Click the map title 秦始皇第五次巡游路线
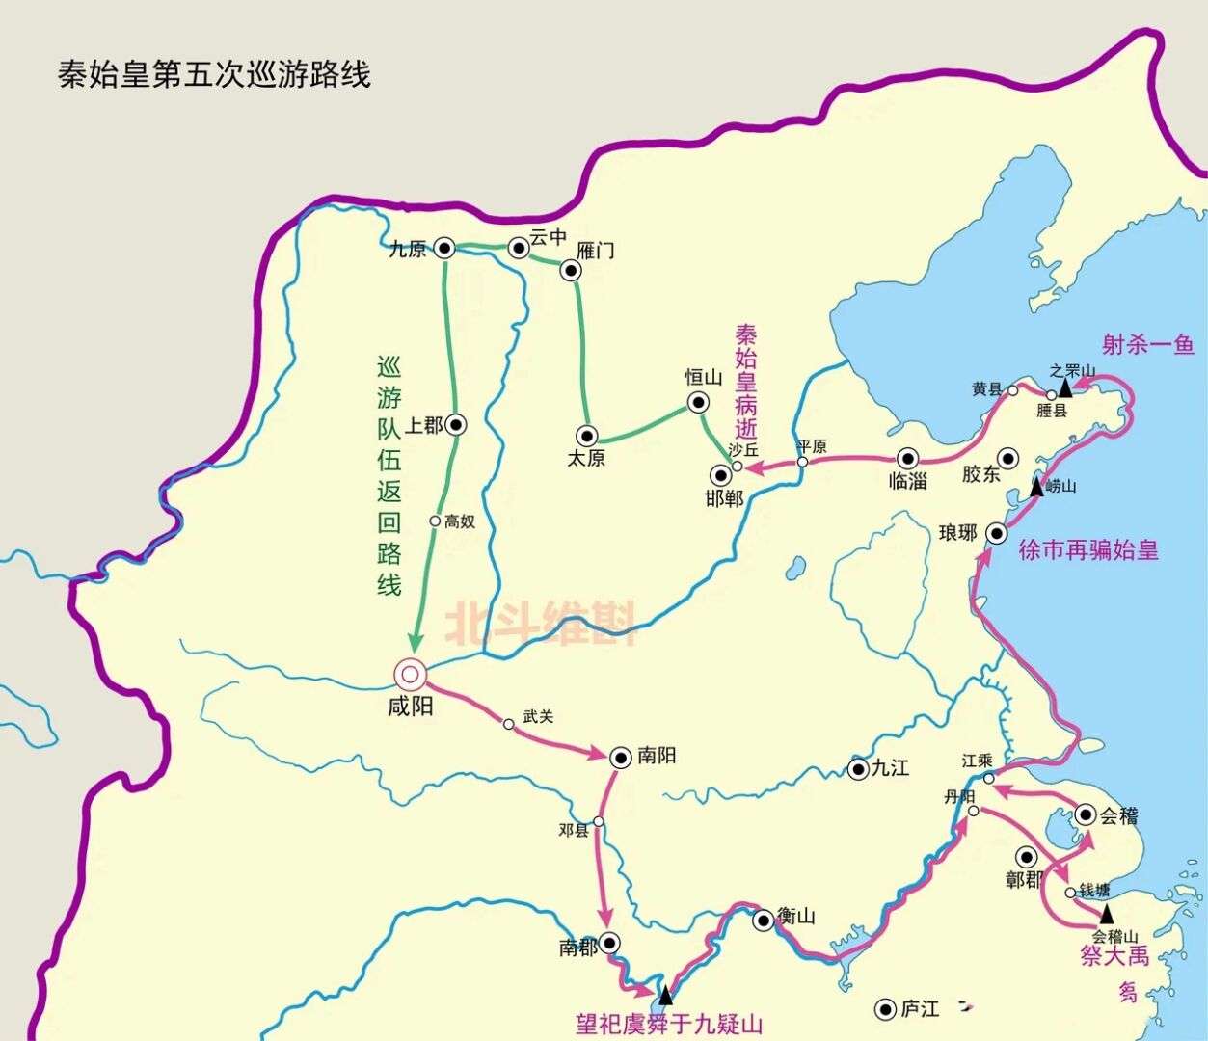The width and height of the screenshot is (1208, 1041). [x=215, y=75]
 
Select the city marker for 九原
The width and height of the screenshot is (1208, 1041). [x=444, y=248]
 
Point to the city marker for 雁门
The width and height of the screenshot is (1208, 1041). [x=571, y=271]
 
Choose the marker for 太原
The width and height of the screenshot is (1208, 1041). [x=585, y=436]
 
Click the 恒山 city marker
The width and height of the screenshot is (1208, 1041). [x=698, y=402]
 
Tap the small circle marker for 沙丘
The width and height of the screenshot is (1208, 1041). [x=737, y=467]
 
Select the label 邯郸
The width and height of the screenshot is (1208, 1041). [x=724, y=499]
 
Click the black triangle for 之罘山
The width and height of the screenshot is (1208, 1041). [x=1065, y=387]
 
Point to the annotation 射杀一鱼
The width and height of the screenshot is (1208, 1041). [x=1148, y=345]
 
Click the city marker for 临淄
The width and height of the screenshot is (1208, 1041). [x=907, y=458]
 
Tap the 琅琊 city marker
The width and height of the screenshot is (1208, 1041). [x=997, y=533]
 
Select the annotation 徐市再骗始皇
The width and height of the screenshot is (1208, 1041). [x=1088, y=550]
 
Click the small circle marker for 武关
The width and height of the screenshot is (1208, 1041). [x=509, y=724]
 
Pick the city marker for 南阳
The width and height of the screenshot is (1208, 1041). [x=620, y=757]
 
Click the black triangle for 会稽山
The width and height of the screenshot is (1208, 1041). [x=1106, y=912]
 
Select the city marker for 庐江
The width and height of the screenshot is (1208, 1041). [x=884, y=1009]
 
